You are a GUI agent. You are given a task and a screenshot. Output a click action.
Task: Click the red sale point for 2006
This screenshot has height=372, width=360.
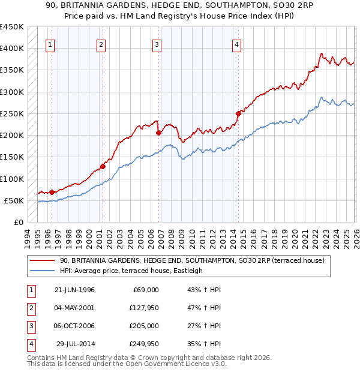tap(158, 133)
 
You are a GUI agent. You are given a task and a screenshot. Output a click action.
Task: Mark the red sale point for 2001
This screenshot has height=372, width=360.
tap(103, 166)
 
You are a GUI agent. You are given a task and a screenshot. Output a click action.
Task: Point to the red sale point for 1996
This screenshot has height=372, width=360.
tap(52, 192)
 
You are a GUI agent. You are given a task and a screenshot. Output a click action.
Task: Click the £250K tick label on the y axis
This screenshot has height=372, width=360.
tap(12, 113)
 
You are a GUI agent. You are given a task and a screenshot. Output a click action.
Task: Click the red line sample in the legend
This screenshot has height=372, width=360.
tap(43, 260)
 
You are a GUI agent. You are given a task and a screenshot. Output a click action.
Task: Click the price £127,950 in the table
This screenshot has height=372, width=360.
tap(142, 307)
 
